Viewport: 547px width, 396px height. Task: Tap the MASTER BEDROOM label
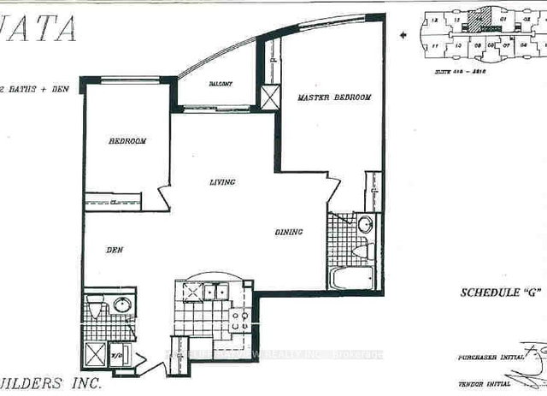333,98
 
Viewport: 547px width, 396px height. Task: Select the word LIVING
223,182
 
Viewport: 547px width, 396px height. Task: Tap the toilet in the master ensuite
363,251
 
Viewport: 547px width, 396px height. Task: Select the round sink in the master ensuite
363,226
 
